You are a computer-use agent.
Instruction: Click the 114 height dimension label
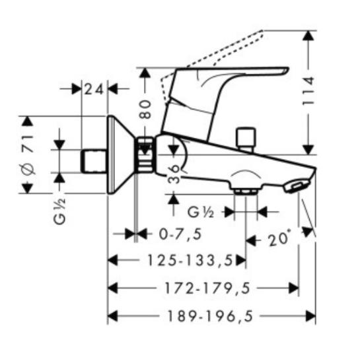[308, 91]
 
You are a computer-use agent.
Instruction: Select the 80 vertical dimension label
[146, 109]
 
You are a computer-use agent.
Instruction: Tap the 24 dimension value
[94, 89]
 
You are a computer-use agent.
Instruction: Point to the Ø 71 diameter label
[28, 154]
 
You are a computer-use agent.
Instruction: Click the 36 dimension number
[174, 174]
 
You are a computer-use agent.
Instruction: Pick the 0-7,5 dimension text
[180, 234]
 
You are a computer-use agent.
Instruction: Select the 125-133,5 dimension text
[190, 261]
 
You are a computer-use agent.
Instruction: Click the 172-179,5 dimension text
[207, 288]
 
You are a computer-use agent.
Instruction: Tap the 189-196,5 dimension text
[210, 316]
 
